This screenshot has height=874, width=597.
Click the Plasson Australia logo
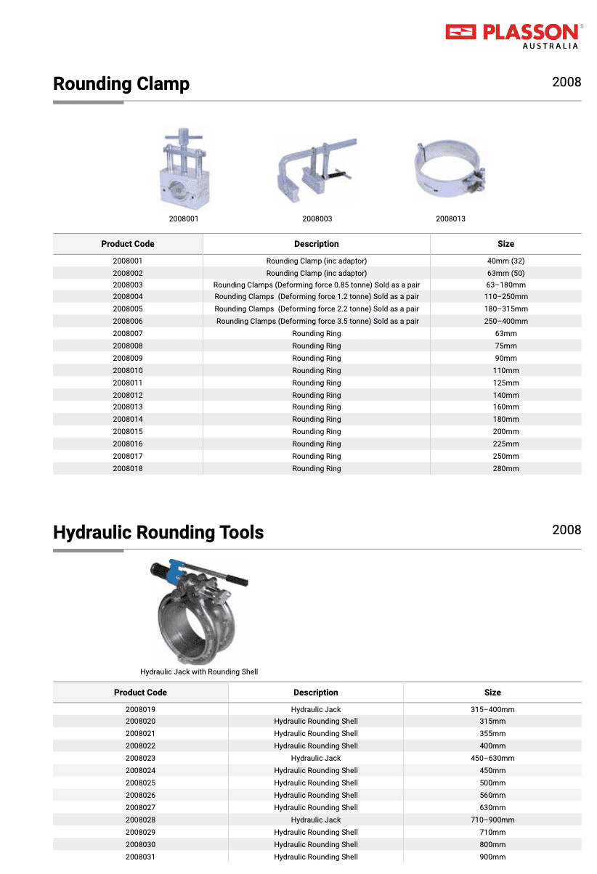point(512,35)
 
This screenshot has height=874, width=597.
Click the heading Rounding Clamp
point(121,84)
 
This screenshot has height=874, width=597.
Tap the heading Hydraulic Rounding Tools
point(158,533)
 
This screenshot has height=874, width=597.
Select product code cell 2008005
point(128,309)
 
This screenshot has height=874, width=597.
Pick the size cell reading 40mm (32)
point(505,261)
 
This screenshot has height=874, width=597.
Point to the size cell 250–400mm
point(505,322)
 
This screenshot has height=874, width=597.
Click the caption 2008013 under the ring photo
point(450,218)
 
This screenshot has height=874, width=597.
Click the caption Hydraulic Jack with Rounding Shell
point(199,672)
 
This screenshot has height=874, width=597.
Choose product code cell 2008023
point(140,759)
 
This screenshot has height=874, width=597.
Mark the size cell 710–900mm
point(492,820)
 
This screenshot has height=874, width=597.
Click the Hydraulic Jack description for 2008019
point(316,710)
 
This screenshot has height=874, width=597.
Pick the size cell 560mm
point(492,796)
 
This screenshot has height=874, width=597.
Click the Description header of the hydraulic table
point(316,693)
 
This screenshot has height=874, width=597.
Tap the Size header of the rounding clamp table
point(505,244)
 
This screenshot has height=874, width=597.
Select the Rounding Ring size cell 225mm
point(505,444)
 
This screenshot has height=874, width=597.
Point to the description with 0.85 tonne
point(317,285)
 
